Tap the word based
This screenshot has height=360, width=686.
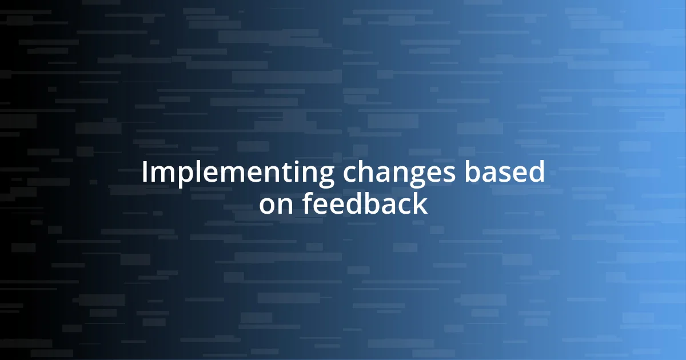[504, 172]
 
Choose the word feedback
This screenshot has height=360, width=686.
[365, 203]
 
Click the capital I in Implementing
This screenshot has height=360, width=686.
[145, 172]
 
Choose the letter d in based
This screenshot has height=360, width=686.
[535, 172]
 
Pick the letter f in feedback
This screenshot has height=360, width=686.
[308, 203]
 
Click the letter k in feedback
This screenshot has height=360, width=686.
[420, 203]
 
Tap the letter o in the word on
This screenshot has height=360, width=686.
[268, 205]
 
